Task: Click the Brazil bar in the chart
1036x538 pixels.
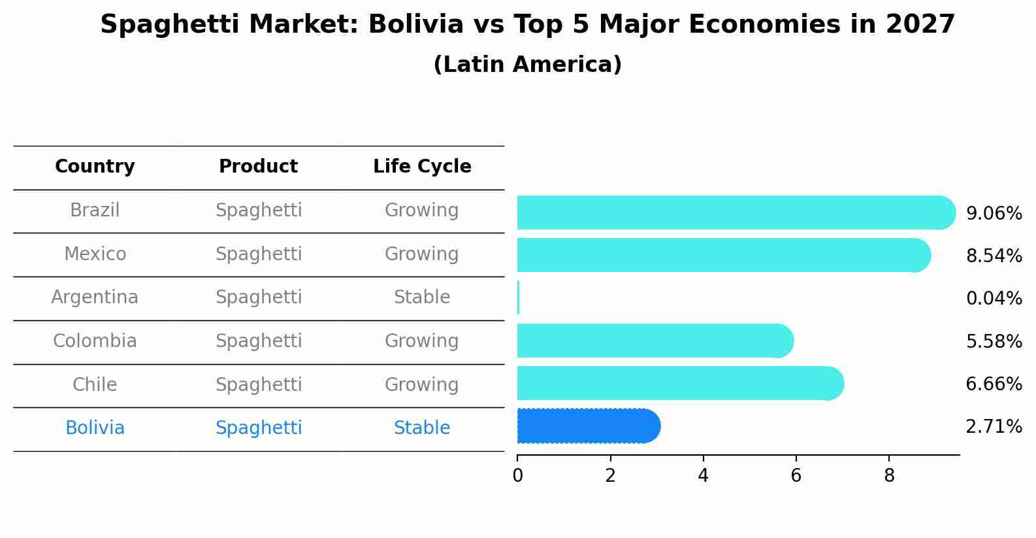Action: tap(732, 212)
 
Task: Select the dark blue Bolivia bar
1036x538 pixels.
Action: tap(585, 426)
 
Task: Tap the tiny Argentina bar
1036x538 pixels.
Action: tap(518, 297)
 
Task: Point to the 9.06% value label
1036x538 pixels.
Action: tap(994, 214)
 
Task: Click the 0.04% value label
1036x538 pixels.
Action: tap(994, 299)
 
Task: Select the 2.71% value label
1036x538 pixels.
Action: tap(994, 427)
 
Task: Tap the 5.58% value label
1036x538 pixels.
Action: tap(994, 341)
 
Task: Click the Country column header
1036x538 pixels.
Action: tap(95, 167)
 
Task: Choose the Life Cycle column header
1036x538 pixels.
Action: tap(422, 167)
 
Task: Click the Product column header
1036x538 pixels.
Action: tap(258, 167)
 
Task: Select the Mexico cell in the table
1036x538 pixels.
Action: tap(95, 254)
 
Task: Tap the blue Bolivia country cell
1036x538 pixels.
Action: tap(95, 428)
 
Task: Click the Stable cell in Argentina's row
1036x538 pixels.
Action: tap(422, 297)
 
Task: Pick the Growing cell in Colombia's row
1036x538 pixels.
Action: tap(422, 341)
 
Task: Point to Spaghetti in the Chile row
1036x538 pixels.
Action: tap(259, 384)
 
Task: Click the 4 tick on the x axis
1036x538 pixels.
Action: tap(703, 476)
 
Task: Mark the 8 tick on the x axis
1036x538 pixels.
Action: tap(889, 476)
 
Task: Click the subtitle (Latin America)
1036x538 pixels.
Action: tap(527, 65)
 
